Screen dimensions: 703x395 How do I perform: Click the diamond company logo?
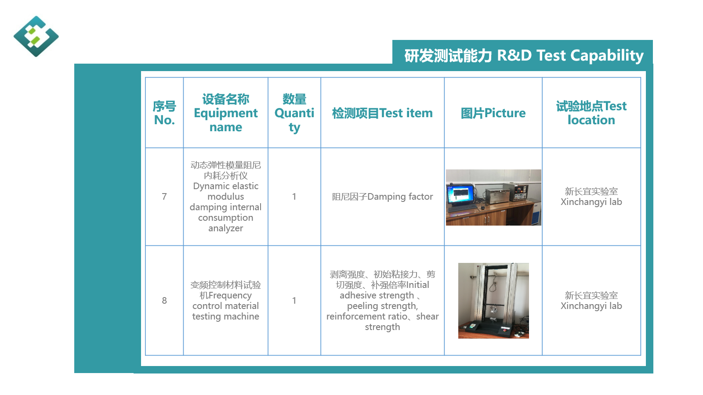(36, 36)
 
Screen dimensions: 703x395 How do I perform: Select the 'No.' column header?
(164, 113)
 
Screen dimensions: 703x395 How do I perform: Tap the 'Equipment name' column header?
(226, 113)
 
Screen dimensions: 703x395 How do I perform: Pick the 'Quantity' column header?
(294, 113)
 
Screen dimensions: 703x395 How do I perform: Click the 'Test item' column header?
(382, 113)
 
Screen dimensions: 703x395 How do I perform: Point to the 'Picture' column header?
(493, 113)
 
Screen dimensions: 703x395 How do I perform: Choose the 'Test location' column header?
(591, 113)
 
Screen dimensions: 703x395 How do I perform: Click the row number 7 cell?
(164, 197)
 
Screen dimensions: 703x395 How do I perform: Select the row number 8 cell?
(164, 301)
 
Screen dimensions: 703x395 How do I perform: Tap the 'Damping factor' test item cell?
(382, 197)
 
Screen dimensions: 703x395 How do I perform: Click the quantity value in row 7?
(294, 197)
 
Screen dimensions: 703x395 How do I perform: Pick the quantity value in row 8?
(294, 301)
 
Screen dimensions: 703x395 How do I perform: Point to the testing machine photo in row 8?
(493, 301)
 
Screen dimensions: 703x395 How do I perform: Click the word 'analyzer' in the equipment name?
(226, 228)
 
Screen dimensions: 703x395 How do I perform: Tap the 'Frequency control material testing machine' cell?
(226, 301)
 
